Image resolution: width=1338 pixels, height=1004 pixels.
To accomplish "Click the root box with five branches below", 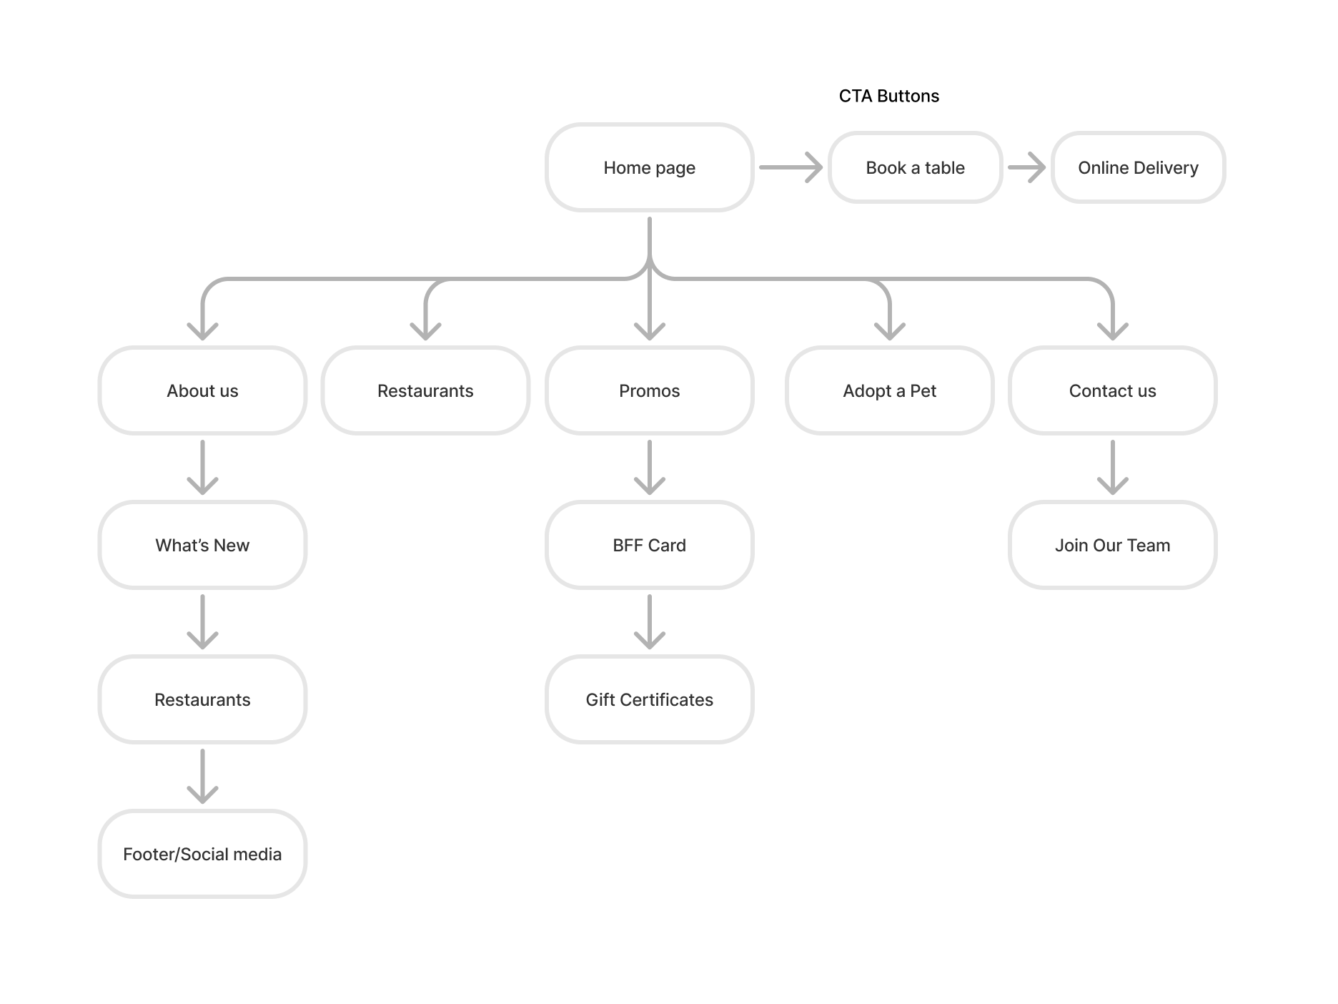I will [x=649, y=167].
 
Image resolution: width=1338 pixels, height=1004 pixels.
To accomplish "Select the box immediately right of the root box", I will [x=915, y=167].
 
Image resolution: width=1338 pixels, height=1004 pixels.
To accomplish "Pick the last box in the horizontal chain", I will [x=1138, y=167].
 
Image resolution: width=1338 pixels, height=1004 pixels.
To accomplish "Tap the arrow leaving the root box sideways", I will [x=791, y=167].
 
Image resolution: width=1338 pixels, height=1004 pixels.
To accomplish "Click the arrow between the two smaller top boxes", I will [x=1026, y=167].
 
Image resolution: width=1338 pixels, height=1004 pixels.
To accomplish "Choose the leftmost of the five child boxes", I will [x=202, y=390].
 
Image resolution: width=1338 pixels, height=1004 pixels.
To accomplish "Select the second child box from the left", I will [x=425, y=390].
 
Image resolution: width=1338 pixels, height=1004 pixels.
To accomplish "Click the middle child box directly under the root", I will [x=649, y=390].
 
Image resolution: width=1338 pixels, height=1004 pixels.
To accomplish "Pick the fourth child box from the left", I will [x=889, y=390].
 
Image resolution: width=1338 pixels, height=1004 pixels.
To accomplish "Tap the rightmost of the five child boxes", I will [x=1112, y=390].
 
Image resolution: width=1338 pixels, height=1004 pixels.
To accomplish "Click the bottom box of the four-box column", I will [x=202, y=853].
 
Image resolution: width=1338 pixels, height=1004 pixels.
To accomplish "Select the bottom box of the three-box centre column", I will [x=649, y=699].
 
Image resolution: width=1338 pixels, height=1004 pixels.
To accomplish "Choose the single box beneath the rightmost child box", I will [x=1112, y=545].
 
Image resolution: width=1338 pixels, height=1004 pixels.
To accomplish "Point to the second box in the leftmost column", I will [x=202, y=545].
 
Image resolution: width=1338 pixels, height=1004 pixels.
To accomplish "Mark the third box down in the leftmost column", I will [x=202, y=699].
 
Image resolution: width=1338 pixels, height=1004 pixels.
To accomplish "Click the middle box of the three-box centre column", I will [x=649, y=545].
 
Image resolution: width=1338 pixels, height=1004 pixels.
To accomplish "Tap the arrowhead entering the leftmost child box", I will [x=202, y=331].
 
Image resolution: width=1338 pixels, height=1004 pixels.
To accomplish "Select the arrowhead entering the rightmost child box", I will [x=1112, y=331].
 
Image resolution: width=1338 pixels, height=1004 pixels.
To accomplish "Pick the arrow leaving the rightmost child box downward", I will [x=1112, y=468].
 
